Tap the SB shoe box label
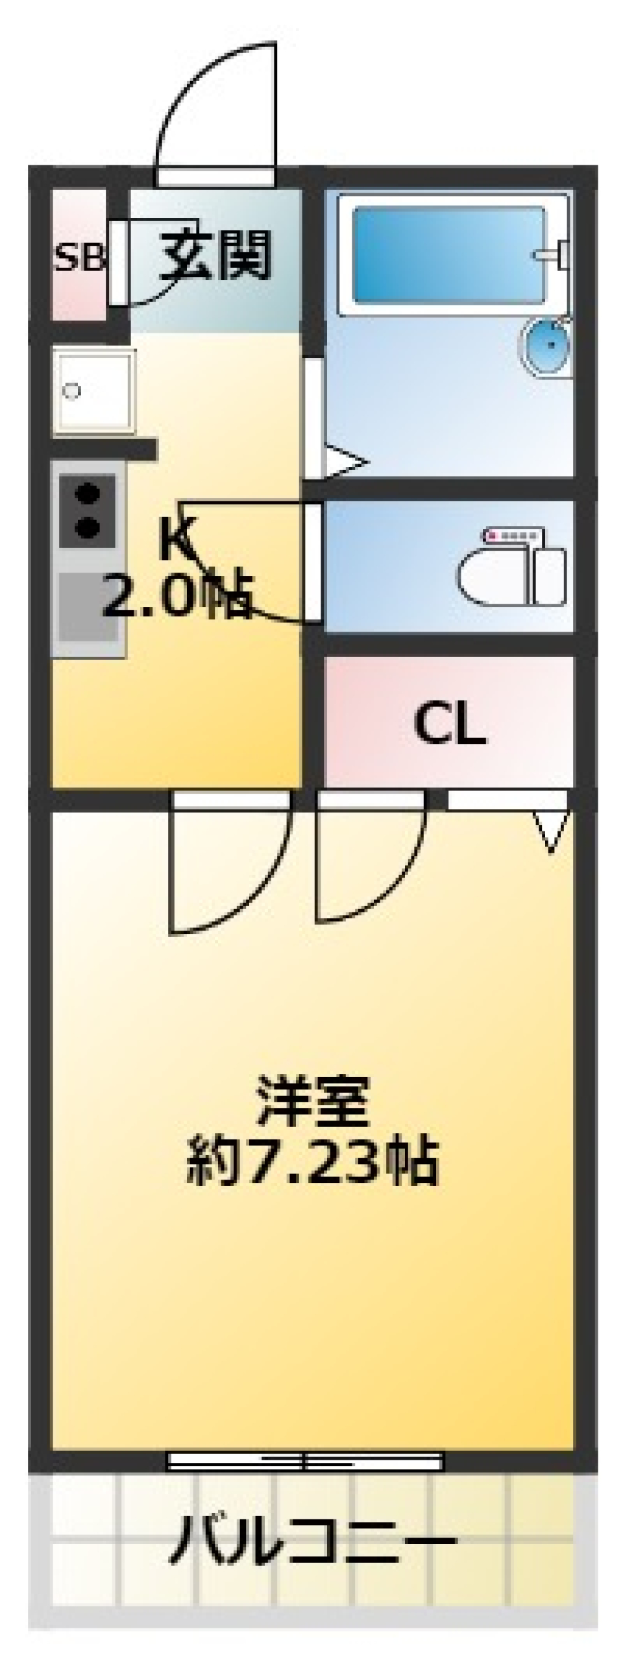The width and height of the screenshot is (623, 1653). [x=79, y=259]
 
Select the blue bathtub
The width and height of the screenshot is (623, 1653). [x=448, y=254]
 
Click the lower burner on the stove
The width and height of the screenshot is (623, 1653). [x=88, y=527]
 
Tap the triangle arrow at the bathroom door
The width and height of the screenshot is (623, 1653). [x=345, y=463]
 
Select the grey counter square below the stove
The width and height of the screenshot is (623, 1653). [x=88, y=606]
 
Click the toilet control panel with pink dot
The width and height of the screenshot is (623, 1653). [x=512, y=536]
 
